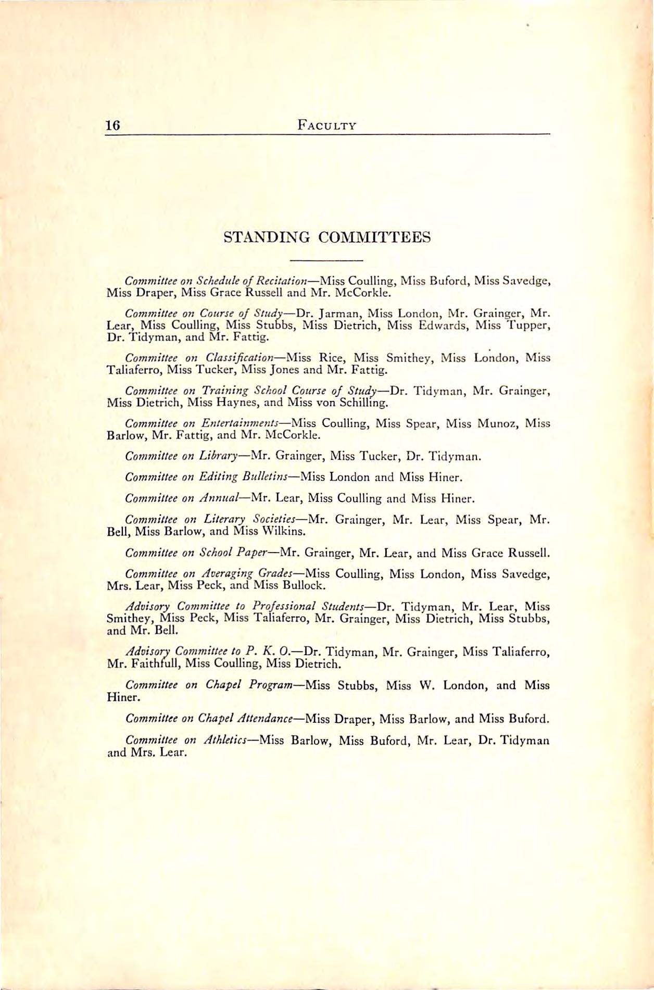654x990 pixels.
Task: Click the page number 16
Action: coord(112,126)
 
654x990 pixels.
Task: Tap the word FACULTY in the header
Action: coord(327,126)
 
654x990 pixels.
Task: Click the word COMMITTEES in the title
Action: coord(374,237)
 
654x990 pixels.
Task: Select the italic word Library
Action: coord(219,457)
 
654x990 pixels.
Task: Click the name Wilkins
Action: coord(286,532)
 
